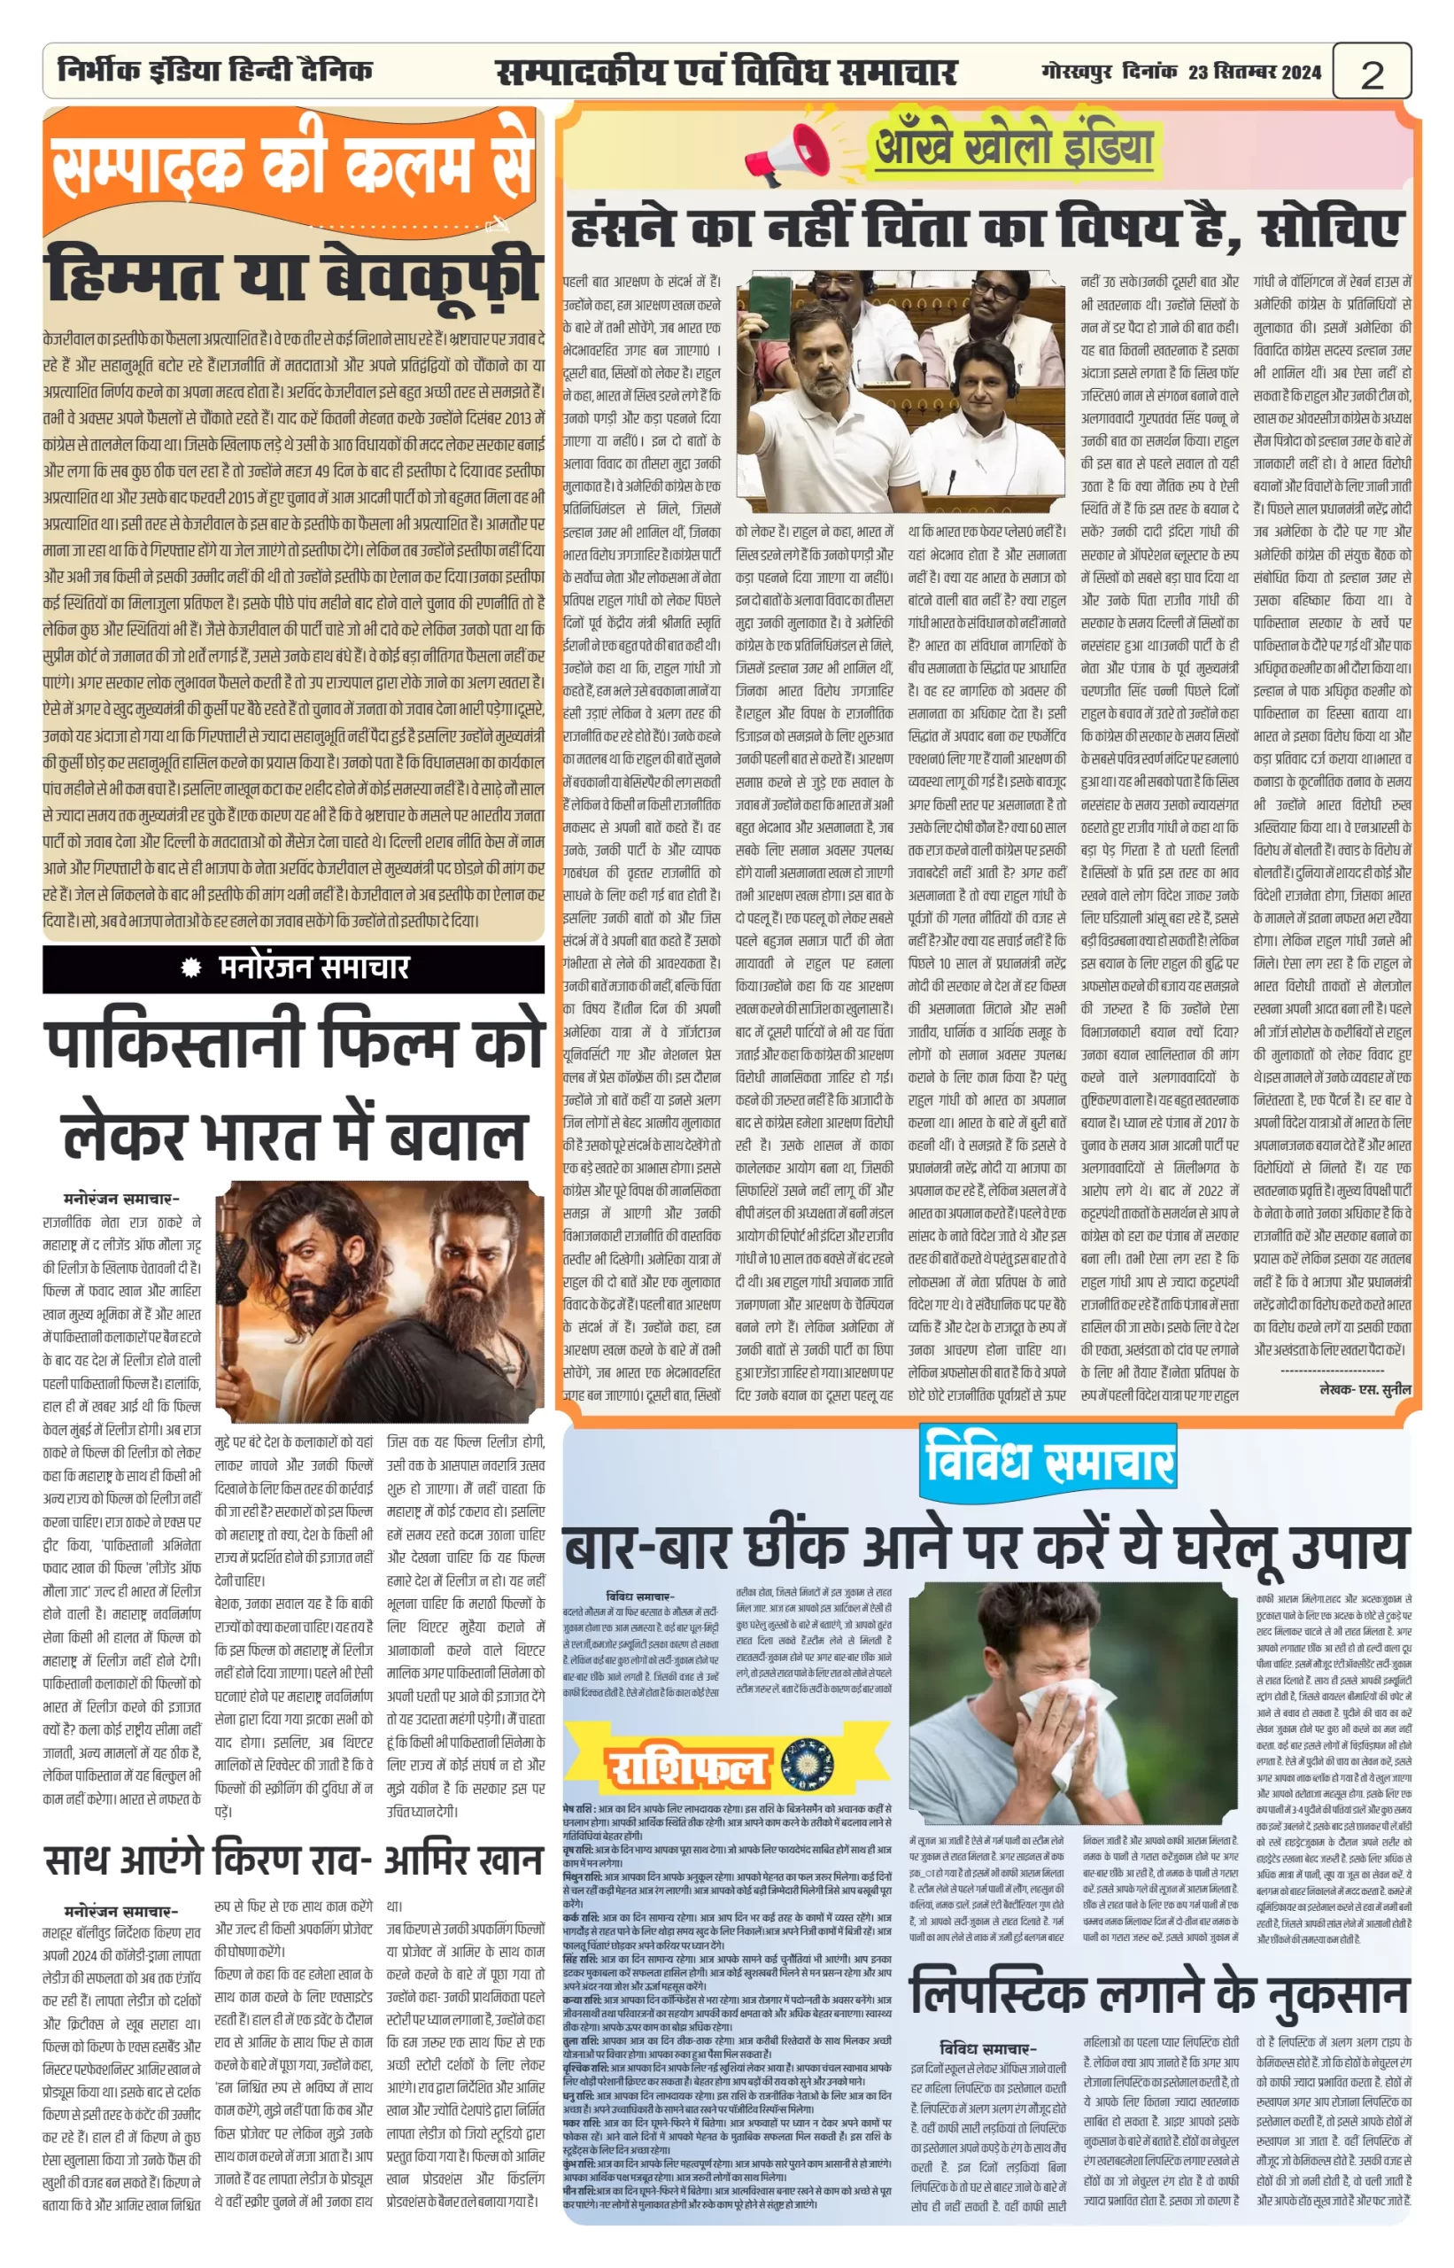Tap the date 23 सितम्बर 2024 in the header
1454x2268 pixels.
[x=1254, y=72]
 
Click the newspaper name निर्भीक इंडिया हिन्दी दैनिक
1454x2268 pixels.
[x=214, y=71]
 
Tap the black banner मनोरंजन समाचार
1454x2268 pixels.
[x=294, y=968]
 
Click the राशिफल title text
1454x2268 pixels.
[x=685, y=1767]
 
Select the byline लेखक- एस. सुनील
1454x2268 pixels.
[x=1365, y=1389]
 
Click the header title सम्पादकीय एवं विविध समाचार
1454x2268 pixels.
[x=726, y=72]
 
